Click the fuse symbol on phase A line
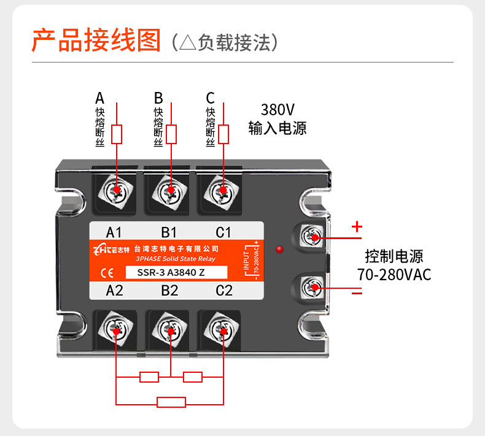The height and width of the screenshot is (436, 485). click(x=117, y=134)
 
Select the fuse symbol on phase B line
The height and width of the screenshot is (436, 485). click(x=171, y=134)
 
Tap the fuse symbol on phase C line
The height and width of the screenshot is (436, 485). click(x=223, y=134)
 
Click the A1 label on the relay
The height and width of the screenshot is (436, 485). click(x=114, y=232)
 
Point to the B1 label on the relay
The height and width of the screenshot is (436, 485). click(x=169, y=232)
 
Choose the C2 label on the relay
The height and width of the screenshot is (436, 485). click(x=224, y=291)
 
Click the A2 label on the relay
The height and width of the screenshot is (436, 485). click(x=114, y=291)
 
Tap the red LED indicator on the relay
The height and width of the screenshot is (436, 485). click(x=279, y=250)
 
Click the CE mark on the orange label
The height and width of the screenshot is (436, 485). click(x=107, y=273)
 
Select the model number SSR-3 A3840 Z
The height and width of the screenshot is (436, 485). click(x=171, y=272)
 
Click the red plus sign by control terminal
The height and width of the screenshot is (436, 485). click(x=357, y=227)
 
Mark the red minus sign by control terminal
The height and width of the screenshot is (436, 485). click(x=357, y=291)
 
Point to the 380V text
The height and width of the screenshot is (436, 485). click(x=277, y=110)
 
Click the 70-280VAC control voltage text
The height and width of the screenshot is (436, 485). click(x=394, y=274)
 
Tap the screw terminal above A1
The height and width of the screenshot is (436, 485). click(x=115, y=191)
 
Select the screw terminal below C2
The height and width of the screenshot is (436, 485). click(x=222, y=329)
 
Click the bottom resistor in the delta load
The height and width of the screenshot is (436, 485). click(x=171, y=402)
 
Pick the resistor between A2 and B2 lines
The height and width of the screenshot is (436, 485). click(x=149, y=377)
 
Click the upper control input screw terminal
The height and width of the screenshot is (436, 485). click(x=312, y=236)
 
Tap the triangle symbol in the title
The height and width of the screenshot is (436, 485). click(x=188, y=42)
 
